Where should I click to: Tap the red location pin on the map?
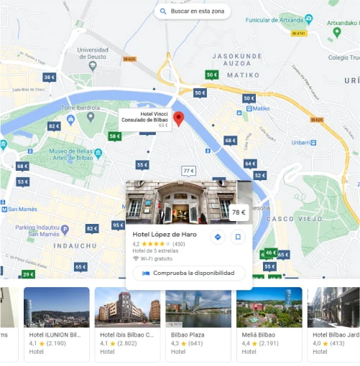(x=179, y=118)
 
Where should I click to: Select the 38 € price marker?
(x=49, y=78)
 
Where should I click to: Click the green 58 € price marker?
(x=114, y=136)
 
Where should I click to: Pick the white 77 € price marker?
(x=188, y=171)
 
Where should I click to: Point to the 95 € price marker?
(x=118, y=225)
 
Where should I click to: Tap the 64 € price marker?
(x=249, y=164)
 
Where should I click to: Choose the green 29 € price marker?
(x=27, y=274)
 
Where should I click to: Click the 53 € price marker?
(x=23, y=182)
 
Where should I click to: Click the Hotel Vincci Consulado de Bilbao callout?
(x=144, y=119)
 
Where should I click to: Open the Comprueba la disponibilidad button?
(x=189, y=273)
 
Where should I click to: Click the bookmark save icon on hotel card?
(x=239, y=237)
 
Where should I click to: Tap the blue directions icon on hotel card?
(x=218, y=237)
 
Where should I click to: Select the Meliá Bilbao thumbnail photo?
(x=269, y=307)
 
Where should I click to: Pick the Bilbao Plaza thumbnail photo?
(x=198, y=307)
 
